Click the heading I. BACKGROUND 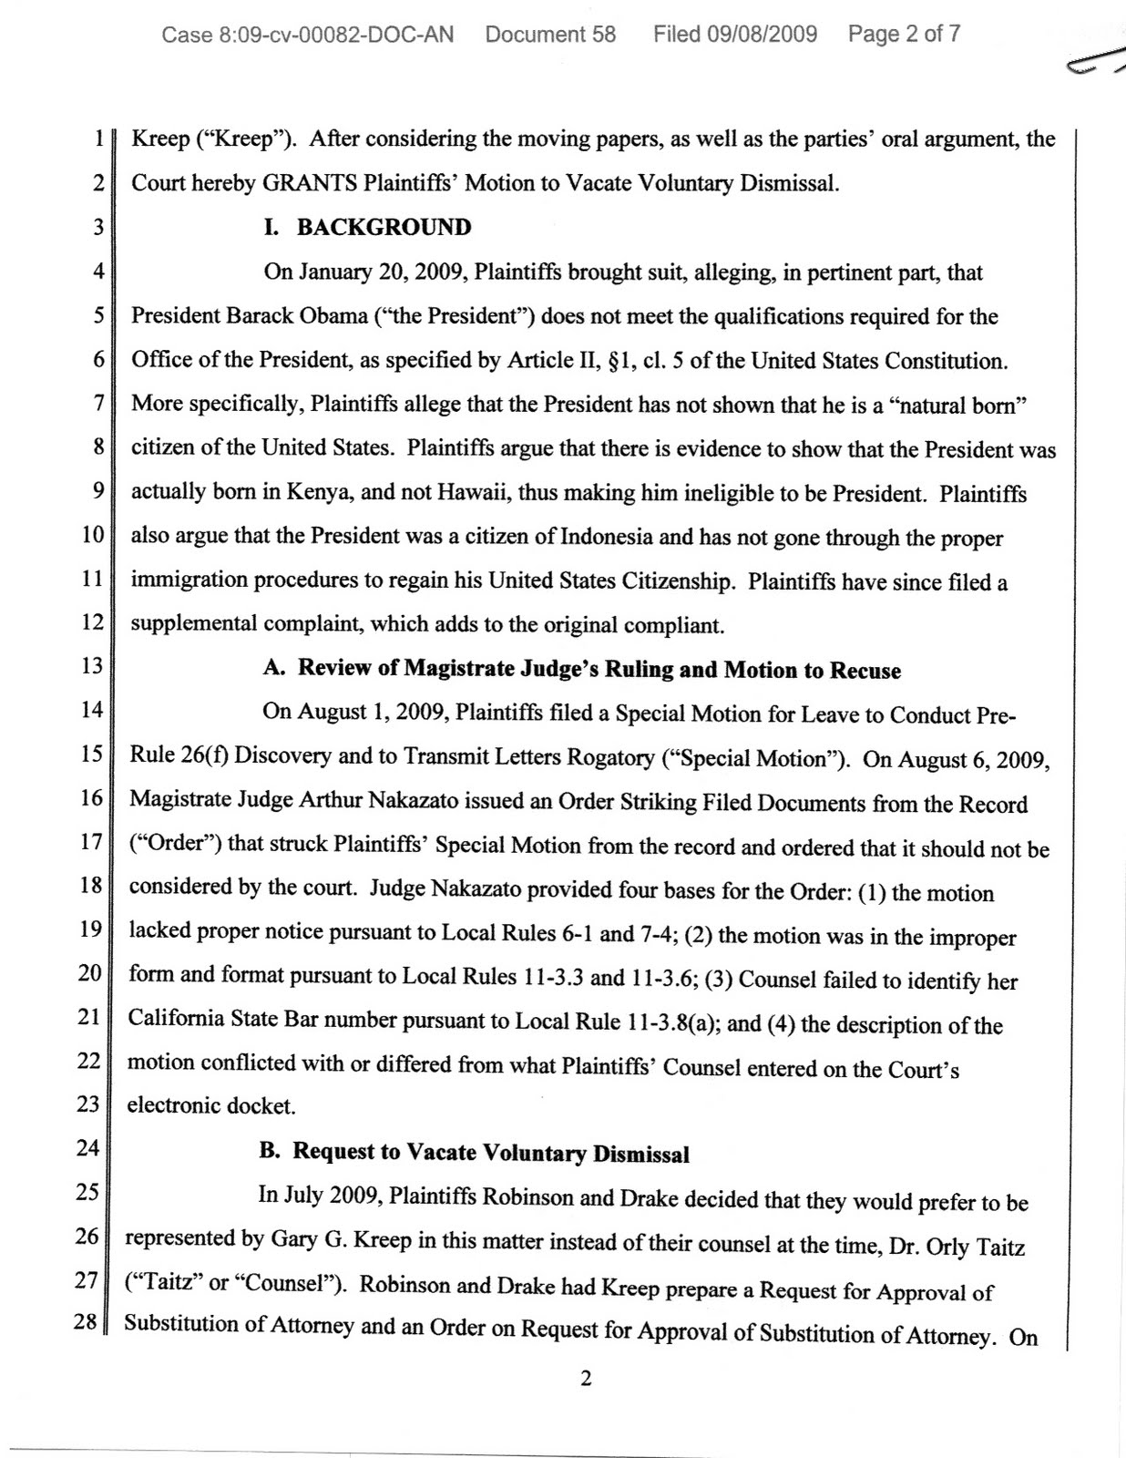tap(367, 227)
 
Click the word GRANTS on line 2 tap(309, 182)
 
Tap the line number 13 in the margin tap(92, 665)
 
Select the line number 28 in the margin tap(85, 1321)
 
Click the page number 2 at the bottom tap(586, 1378)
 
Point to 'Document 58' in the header tap(550, 35)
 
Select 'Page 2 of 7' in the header tap(904, 35)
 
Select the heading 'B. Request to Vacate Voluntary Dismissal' tap(474, 1152)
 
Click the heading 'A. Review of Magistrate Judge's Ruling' tap(581, 669)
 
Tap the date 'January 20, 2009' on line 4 tap(381, 272)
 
